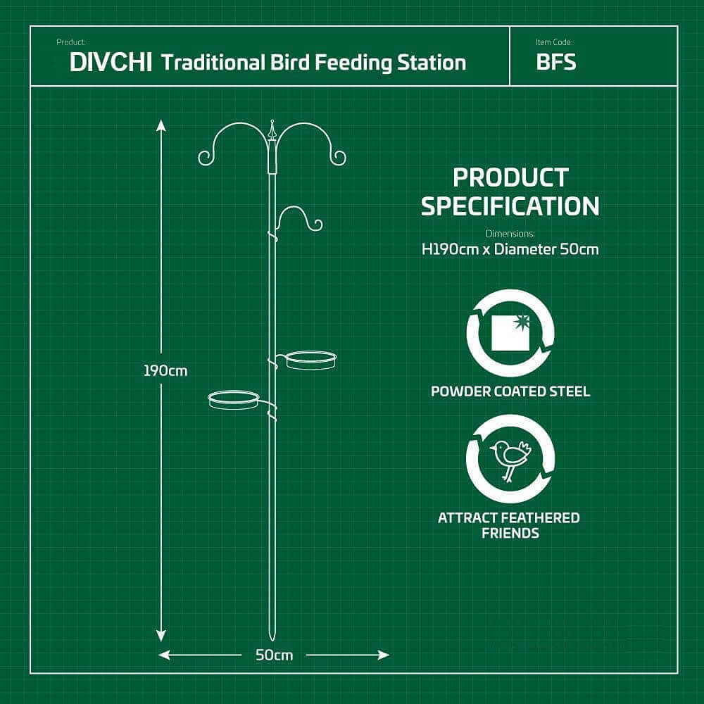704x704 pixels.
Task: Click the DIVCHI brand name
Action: (x=111, y=62)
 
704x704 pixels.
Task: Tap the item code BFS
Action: (x=555, y=62)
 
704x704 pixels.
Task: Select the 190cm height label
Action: (x=166, y=370)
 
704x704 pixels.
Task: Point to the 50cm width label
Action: (x=274, y=655)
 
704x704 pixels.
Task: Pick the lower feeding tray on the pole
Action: (x=234, y=400)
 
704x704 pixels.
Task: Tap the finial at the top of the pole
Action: (x=272, y=130)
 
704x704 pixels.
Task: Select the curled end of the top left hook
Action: (x=205, y=158)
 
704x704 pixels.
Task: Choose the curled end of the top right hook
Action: (x=339, y=158)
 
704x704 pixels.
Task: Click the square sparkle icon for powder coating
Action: (x=510, y=332)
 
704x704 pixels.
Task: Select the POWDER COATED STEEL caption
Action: (x=510, y=391)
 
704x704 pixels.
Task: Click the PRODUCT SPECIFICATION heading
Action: (x=510, y=191)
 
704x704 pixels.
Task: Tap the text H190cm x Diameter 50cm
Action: (x=510, y=249)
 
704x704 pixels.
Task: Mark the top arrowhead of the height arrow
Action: (x=161, y=125)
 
